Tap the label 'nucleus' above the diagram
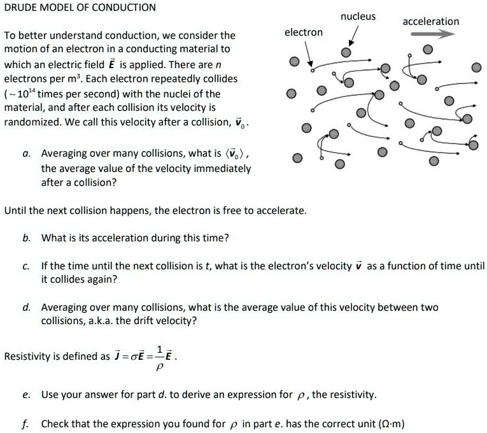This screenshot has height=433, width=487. click(x=358, y=17)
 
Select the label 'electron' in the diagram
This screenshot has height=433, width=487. click(x=303, y=32)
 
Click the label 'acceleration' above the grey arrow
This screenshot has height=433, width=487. click(x=430, y=22)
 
